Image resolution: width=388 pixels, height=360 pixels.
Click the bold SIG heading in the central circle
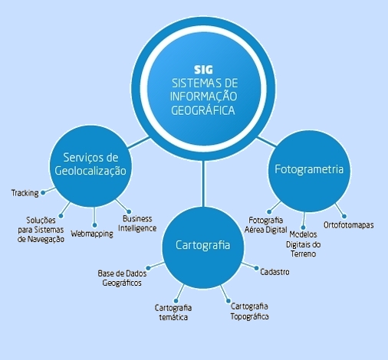(x=203, y=70)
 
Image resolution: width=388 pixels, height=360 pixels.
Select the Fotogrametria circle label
(x=309, y=169)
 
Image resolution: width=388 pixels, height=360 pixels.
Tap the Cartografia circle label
(x=203, y=245)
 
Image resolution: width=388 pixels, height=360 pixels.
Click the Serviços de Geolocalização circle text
(x=90, y=164)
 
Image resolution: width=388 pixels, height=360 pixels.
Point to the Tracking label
(x=25, y=193)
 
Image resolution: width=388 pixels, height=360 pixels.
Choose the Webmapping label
(x=92, y=234)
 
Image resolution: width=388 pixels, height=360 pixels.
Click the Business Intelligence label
(x=137, y=224)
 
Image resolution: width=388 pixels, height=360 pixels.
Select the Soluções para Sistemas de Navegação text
(x=41, y=230)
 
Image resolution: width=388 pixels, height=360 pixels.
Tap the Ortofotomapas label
(x=349, y=225)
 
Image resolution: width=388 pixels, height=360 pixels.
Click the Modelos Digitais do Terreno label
(x=303, y=244)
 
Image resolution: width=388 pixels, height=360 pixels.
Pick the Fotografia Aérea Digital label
(x=266, y=225)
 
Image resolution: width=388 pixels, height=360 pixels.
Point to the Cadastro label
(x=275, y=272)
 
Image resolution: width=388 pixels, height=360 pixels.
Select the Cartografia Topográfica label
(x=249, y=311)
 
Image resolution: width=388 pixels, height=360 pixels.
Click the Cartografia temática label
(x=173, y=313)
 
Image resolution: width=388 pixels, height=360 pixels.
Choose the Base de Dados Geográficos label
(x=122, y=278)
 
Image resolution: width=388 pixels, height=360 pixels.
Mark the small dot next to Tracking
(x=43, y=193)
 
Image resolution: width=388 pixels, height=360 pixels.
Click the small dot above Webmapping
(x=94, y=225)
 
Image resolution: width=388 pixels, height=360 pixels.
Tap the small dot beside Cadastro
(x=256, y=268)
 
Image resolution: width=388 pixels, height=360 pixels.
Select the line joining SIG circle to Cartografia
(x=203, y=183)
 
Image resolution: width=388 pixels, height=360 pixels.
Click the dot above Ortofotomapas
(x=344, y=216)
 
